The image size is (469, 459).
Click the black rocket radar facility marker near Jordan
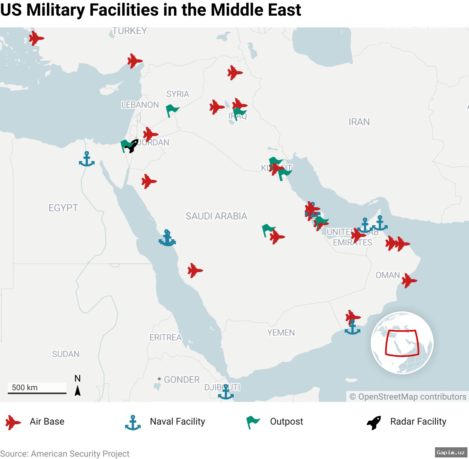pos(132,146)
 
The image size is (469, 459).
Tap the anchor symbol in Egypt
pos(86,159)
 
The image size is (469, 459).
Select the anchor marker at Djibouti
pos(226,392)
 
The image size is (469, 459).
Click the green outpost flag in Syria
pos(172,110)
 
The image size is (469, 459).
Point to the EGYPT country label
pos(63,208)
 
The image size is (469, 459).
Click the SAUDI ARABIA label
pos(216,216)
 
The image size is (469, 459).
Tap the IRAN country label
pos(359,122)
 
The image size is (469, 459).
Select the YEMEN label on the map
pos(281,333)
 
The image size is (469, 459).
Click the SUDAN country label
pos(66,354)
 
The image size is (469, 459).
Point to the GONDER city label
pos(181,380)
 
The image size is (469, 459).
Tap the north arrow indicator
pos(77,385)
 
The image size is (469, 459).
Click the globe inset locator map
pos(402,343)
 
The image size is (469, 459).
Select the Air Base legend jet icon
pos(13,422)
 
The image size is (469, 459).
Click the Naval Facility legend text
pos(177,421)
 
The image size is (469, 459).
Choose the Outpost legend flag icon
pos(252,422)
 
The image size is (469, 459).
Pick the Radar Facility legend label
pos(418,421)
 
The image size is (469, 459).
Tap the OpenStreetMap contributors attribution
pos(408,397)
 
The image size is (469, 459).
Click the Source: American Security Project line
pos(65,454)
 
